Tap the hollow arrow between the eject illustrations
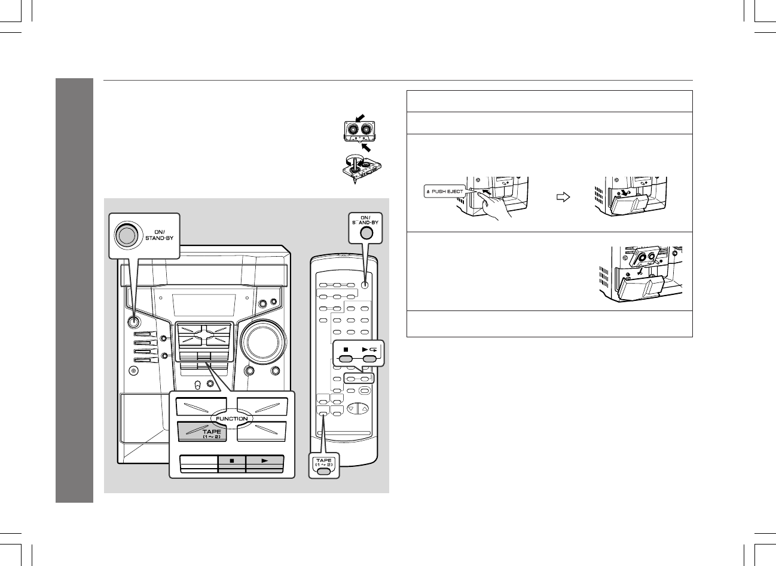point(563,197)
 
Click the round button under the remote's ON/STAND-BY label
point(366,233)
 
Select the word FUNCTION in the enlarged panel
point(232,419)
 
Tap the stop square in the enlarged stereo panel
point(232,460)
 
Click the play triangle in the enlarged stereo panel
point(265,460)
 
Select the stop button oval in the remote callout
point(346,359)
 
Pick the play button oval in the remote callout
point(369,359)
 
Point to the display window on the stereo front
point(204,305)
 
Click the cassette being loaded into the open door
point(644,258)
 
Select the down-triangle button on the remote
point(351,408)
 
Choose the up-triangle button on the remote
point(364,408)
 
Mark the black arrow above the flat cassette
point(360,118)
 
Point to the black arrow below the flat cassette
point(366,147)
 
